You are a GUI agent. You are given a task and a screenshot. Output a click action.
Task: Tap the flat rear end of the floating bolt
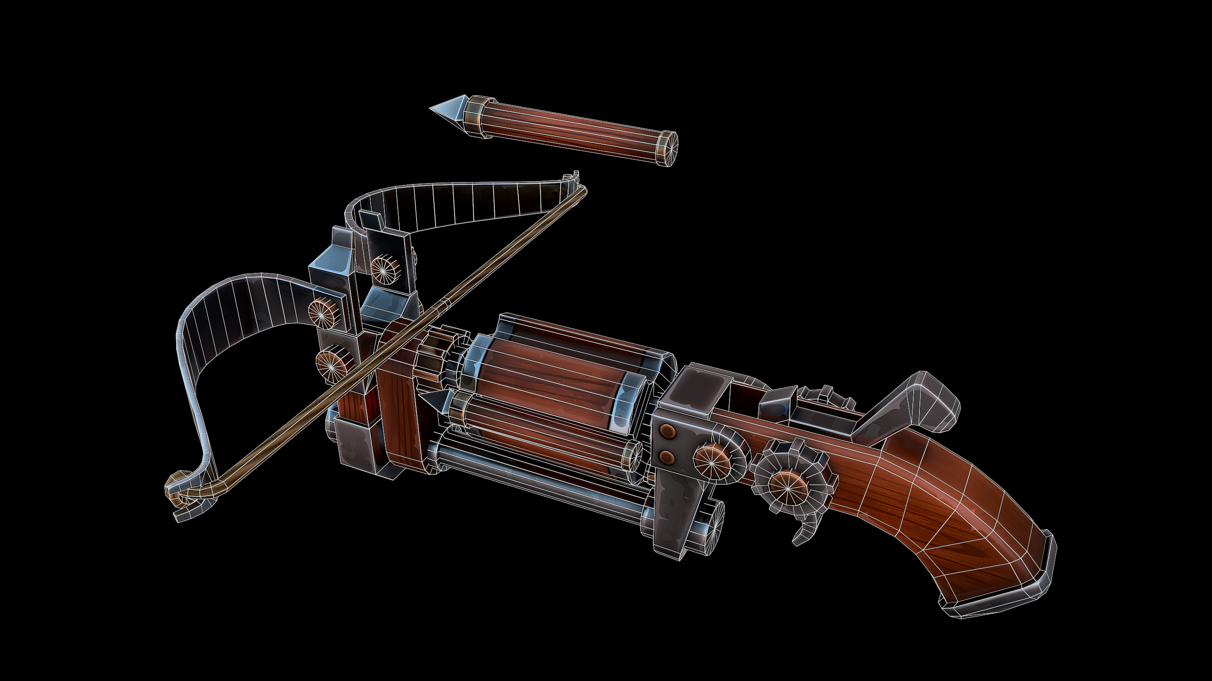point(668,148)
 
